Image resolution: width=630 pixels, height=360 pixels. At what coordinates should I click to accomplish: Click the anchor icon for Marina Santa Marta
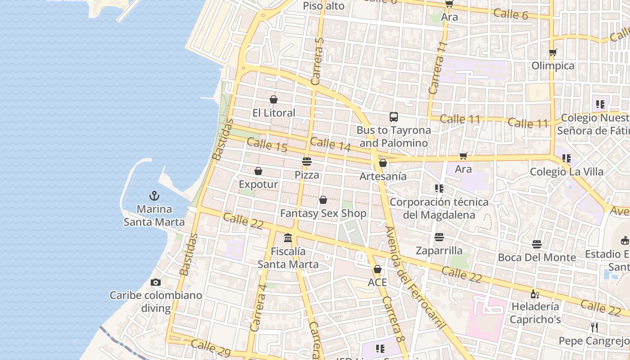tap(154, 196)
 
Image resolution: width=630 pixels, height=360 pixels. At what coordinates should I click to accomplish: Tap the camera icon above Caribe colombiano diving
tap(156, 282)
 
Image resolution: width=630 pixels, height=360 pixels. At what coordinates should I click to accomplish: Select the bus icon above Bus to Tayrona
tap(394, 117)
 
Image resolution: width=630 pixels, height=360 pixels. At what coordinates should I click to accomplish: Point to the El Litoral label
tap(274, 112)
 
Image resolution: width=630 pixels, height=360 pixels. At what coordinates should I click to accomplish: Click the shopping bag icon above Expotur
tap(258, 171)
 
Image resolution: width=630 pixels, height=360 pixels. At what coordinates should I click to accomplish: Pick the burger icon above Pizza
tap(307, 161)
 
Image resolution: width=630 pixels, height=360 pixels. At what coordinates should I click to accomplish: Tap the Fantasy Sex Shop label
tap(323, 213)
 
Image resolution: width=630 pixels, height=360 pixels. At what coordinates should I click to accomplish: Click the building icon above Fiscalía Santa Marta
tap(288, 238)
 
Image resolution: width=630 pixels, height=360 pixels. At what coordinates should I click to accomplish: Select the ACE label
tap(377, 282)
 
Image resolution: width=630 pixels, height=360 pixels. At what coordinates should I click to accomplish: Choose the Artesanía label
tap(383, 176)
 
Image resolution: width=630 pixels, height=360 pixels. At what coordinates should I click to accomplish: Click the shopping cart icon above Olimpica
tap(553, 52)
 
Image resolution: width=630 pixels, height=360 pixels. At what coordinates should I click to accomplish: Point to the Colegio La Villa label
tap(566, 171)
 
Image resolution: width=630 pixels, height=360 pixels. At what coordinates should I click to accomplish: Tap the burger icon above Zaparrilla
tap(439, 237)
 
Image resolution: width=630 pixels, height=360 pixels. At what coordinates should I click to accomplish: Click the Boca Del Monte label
tap(536, 257)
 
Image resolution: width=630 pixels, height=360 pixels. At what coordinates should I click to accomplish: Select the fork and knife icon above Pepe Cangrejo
tap(594, 327)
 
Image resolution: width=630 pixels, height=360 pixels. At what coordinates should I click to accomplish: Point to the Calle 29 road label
tap(207, 346)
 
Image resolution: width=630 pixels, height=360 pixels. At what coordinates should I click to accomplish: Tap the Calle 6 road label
tap(510, 14)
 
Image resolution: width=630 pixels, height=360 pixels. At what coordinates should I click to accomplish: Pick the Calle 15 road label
tap(267, 144)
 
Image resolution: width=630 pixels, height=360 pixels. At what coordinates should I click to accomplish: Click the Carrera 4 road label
tap(258, 308)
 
